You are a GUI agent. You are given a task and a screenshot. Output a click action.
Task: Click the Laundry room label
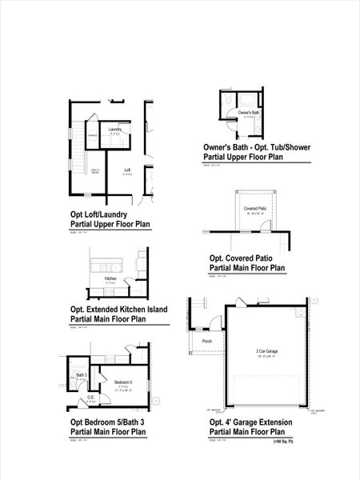115,129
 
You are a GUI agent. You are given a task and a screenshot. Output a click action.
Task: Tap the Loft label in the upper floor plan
127,170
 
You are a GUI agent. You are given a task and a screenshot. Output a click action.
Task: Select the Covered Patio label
256,208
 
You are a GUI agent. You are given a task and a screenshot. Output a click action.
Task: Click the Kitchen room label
110,278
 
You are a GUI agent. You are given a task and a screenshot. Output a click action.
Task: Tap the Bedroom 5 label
122,382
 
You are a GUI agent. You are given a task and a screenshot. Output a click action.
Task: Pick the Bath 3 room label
82,374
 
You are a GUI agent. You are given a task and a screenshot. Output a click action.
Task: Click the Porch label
207,341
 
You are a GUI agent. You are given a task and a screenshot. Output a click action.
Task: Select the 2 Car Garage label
267,351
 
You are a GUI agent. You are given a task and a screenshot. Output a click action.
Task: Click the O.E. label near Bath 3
90,398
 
